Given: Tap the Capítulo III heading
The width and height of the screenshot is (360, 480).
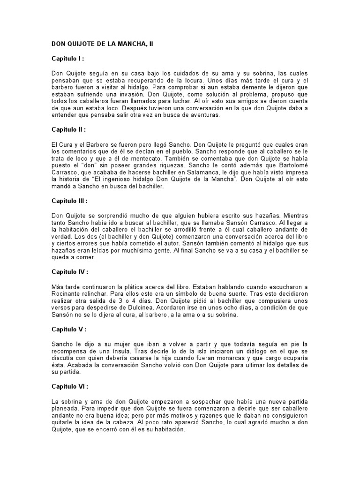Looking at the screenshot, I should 69,201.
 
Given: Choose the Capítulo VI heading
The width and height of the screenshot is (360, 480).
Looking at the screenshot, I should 69,388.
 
